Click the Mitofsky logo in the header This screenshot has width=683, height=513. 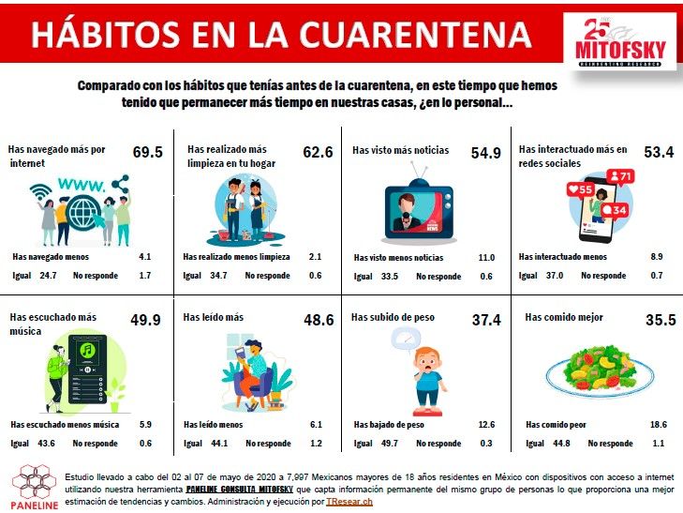(x=620, y=42)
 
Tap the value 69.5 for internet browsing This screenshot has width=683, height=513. (x=148, y=152)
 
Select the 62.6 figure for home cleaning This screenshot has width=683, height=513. (x=318, y=152)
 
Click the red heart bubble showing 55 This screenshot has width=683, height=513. (x=581, y=189)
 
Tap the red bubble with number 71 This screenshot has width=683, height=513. (x=620, y=176)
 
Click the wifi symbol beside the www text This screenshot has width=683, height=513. (x=40, y=191)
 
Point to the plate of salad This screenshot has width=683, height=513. (x=601, y=370)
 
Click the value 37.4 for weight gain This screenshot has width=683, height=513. (x=486, y=320)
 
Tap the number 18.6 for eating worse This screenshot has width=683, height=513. (x=658, y=425)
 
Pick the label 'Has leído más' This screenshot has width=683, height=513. (x=213, y=317)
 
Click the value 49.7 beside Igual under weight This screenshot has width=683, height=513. (x=389, y=444)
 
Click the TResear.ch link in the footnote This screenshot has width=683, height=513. (x=349, y=502)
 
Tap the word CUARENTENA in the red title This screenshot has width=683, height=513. (x=415, y=35)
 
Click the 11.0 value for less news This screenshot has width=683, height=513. (x=486, y=258)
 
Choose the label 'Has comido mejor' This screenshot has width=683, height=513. (x=564, y=317)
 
